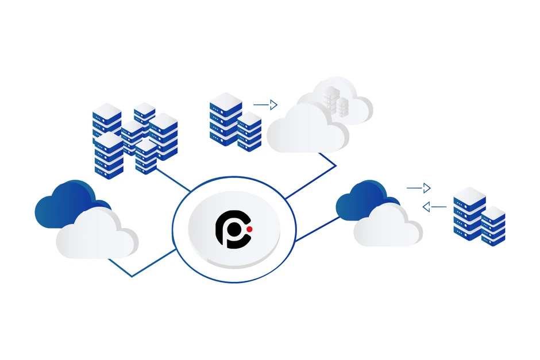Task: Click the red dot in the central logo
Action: (249, 230)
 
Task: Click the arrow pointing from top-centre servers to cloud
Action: (265, 104)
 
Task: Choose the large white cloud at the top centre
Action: (307, 130)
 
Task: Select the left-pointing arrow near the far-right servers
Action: (434, 206)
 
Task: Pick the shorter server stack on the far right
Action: (493, 227)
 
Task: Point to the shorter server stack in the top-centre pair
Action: (249, 131)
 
